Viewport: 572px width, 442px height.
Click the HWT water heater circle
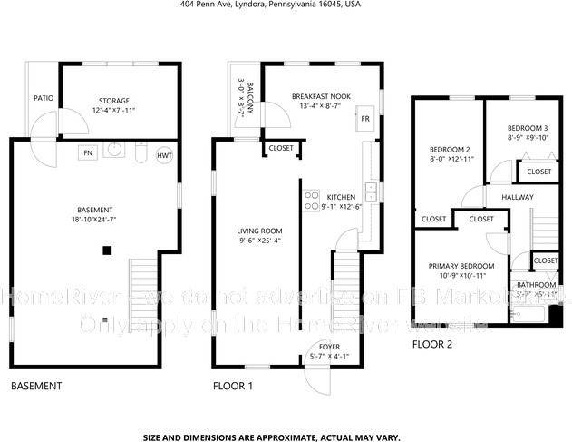coord(164,155)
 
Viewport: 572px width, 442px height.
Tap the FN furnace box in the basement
coord(87,152)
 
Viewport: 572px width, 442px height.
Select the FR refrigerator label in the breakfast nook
coord(365,119)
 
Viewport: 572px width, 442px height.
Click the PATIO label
coord(43,98)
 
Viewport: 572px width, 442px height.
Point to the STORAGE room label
coord(113,101)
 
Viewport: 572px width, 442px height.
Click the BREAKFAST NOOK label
coord(321,95)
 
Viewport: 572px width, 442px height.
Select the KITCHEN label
coord(341,197)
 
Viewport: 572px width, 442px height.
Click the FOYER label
coord(323,346)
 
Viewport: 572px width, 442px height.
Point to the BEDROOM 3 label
coord(526,128)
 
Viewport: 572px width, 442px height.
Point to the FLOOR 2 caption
coord(431,344)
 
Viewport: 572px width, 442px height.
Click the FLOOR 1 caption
coord(232,387)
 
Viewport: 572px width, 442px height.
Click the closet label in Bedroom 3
coord(538,172)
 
